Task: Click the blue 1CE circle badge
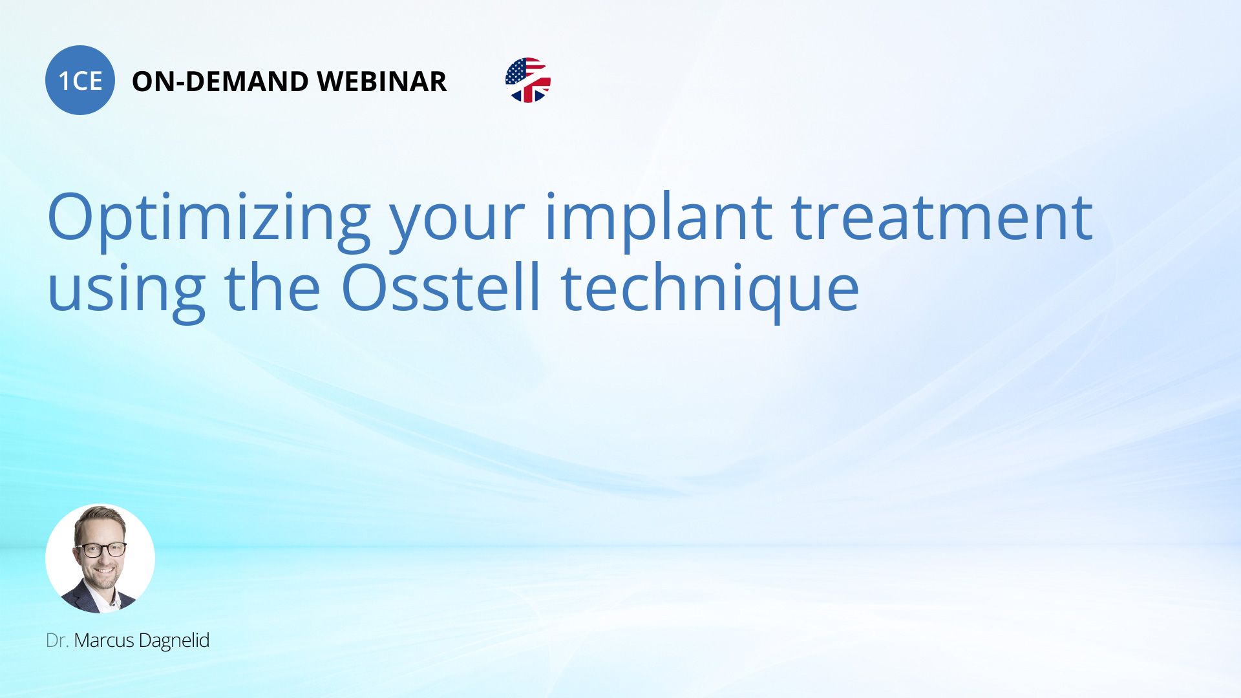point(80,80)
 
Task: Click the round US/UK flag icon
point(528,80)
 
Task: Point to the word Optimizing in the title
point(209,221)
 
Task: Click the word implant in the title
point(659,221)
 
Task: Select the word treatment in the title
point(942,218)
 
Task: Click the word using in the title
point(126,292)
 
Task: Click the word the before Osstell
point(272,287)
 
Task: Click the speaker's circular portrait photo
point(100,558)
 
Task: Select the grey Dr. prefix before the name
point(57,640)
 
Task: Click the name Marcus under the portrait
point(104,640)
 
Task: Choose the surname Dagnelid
point(175,641)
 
